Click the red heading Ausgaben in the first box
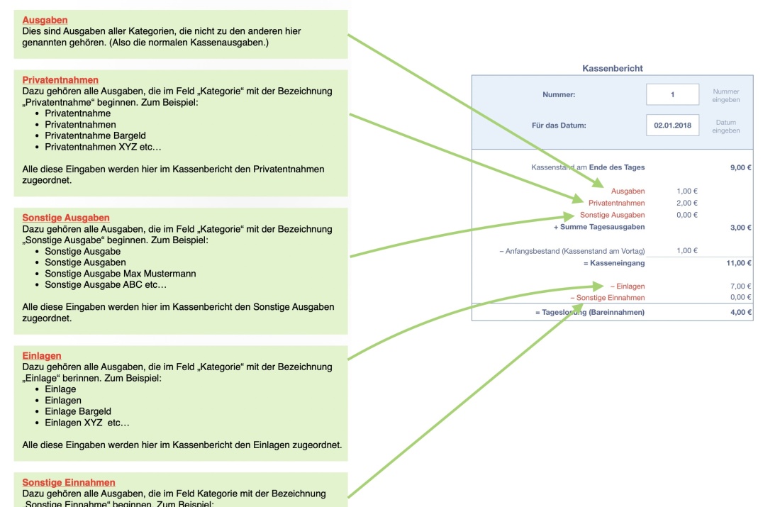45,21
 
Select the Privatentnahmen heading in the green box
60,80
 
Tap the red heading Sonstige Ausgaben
66,218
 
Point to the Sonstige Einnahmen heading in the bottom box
69,483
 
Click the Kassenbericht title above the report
612,69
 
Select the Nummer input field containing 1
672,94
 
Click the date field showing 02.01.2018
672,126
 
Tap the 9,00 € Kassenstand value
740,168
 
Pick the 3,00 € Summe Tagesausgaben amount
740,228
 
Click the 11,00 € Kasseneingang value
739,263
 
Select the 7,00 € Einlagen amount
740,286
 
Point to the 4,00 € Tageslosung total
740,312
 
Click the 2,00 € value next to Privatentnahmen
686,203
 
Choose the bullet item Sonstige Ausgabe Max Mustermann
120,274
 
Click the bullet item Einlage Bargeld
78,411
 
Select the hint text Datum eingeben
726,126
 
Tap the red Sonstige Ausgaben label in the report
612,215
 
